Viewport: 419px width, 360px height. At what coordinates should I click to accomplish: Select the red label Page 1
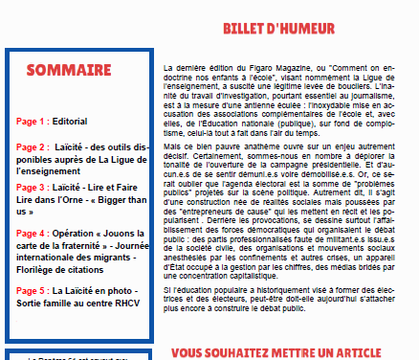[31, 122]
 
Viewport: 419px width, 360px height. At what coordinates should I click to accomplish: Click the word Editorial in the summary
[69, 122]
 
